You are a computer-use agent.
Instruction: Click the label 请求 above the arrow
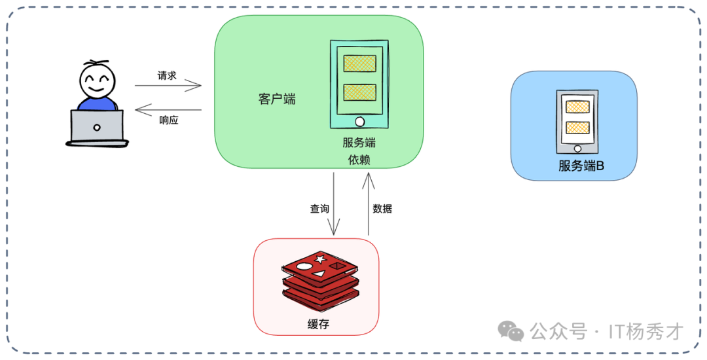pos(167,75)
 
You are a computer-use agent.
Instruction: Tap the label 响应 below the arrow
pos(169,120)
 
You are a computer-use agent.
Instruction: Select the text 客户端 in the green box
pos(277,99)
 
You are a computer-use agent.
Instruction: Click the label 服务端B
pos(581,166)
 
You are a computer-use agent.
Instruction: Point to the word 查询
pos(319,209)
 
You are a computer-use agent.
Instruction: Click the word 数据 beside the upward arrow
pos(382,209)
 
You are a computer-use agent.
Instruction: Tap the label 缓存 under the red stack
pos(318,324)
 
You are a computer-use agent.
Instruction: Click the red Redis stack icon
pos(320,281)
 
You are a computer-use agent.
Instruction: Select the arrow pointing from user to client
pos(168,86)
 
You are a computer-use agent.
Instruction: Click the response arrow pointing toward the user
pos(168,110)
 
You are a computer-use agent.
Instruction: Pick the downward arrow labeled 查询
pos(334,204)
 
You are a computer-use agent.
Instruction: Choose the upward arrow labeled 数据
pos(368,204)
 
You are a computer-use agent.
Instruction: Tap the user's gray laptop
pos(97,127)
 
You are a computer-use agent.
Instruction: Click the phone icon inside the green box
pos(359,85)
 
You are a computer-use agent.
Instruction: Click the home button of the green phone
pos(359,122)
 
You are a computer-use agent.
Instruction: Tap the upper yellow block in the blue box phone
pos(577,107)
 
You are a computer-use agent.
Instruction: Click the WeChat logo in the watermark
pos(511,331)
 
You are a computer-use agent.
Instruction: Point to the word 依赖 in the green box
pos(359,160)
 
